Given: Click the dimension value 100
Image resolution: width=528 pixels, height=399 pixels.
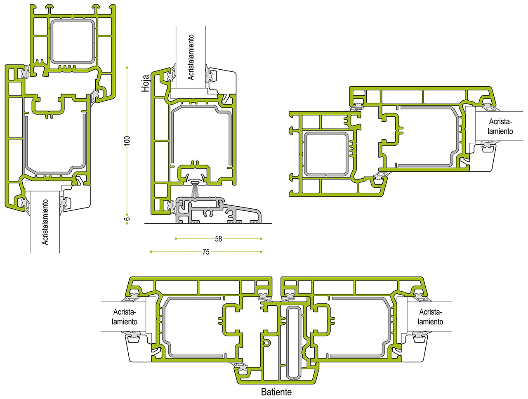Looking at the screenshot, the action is coord(127,141).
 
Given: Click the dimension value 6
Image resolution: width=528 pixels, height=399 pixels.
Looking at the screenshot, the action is coord(127,219).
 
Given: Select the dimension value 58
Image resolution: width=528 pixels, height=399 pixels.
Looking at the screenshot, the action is coord(218,239).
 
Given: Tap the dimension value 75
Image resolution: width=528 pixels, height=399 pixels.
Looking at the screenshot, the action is coord(206,252).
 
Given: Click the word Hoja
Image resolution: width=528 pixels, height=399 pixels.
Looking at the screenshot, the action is coord(145,83).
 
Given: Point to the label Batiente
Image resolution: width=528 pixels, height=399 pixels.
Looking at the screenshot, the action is coord(276,392).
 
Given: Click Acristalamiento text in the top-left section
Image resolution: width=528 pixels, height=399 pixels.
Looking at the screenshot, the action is coord(45,222).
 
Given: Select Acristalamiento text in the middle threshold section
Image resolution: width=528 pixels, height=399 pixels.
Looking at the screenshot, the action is coord(191,57).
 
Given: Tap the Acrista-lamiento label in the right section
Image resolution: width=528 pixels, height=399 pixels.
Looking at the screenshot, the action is coord(500,126).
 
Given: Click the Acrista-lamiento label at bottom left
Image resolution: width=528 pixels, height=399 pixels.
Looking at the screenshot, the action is coord(124,317).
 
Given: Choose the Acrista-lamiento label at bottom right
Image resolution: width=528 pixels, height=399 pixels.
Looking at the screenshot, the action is coord(430,317).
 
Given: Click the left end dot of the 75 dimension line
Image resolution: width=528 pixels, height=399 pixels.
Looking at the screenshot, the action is coord(151,252).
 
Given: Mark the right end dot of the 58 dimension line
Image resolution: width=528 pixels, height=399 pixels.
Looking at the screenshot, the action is coord(261,239).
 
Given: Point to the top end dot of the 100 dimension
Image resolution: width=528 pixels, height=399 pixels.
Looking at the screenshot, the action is coord(127,68).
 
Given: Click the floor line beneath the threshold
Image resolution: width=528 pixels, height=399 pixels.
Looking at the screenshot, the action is coord(208,223).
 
